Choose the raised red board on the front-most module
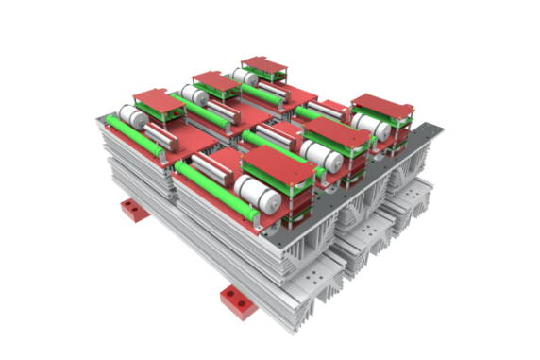point(276,169)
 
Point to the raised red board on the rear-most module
point(263,65)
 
